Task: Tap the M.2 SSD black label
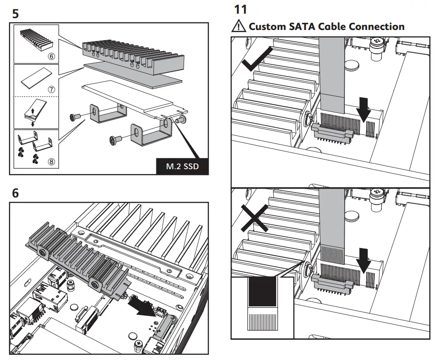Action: click(182, 167)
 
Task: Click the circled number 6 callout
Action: click(51, 57)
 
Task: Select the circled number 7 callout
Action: click(51, 89)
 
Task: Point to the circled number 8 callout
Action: click(51, 161)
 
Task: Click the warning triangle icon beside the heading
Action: click(238, 26)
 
